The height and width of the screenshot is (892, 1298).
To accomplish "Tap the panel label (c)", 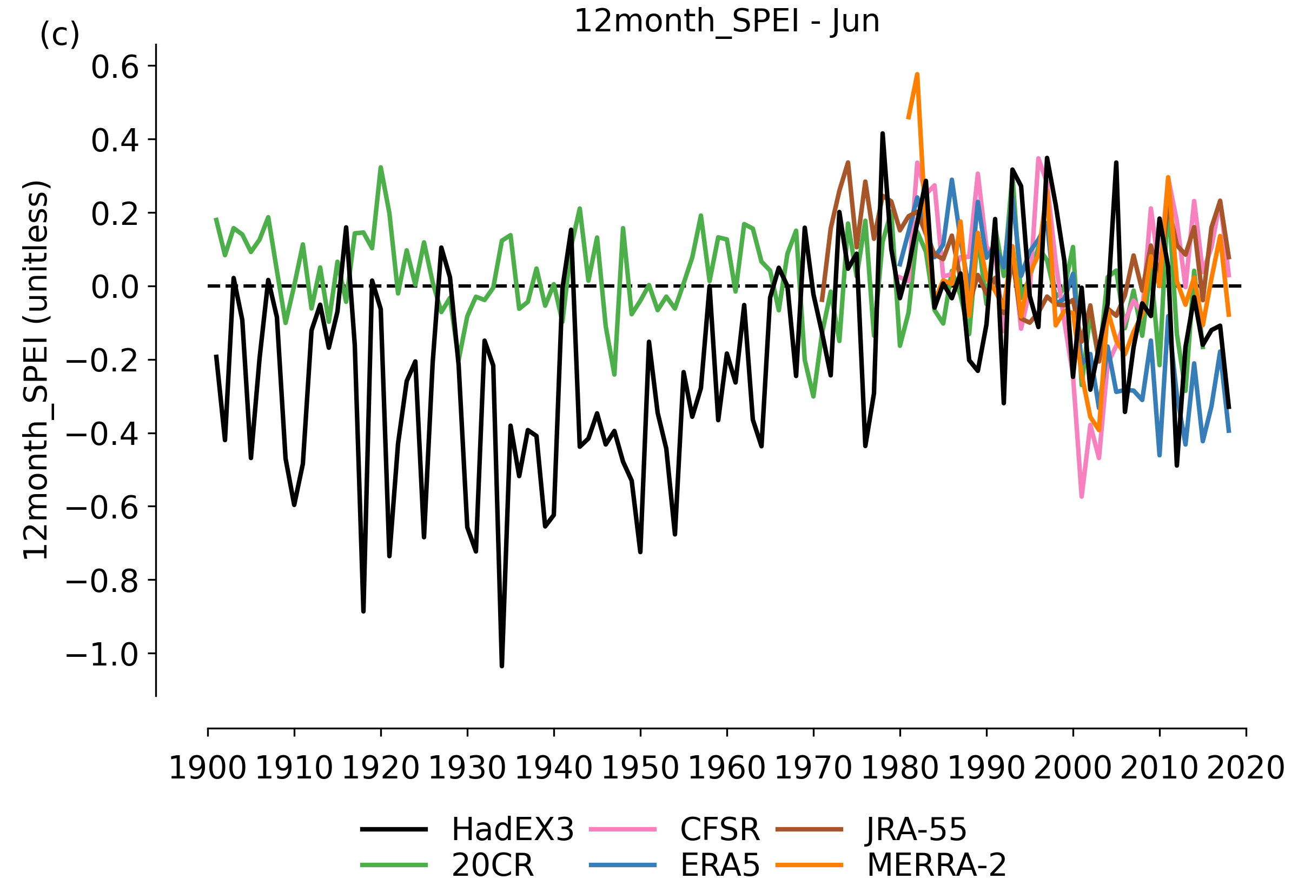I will (x=59, y=35).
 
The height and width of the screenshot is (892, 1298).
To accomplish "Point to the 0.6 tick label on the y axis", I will (x=115, y=68).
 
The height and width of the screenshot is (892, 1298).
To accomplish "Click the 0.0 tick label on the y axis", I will (x=115, y=288).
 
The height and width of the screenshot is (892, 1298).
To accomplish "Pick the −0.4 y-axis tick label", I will (x=102, y=435).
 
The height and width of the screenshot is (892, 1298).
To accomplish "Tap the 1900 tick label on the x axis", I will (x=207, y=769).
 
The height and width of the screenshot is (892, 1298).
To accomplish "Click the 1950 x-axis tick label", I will (x=640, y=769).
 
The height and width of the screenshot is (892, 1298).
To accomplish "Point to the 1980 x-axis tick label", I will (x=899, y=769).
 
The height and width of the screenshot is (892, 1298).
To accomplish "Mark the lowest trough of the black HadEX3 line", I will (x=502, y=665).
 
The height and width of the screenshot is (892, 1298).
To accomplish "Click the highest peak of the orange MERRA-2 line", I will (x=917, y=75).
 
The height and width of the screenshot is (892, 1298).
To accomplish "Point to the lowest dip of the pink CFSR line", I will (x=1082, y=496).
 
